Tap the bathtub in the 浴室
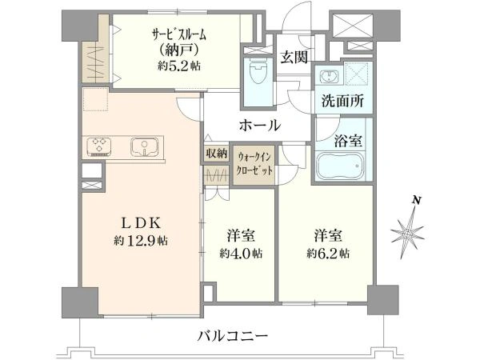coord(340,166)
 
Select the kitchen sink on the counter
coord(145,147)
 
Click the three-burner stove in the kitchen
coord(99,147)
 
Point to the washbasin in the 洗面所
coord(329,76)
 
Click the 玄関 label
coord(294,57)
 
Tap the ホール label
coord(260,125)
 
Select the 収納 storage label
coord(217,153)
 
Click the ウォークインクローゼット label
coord(254,164)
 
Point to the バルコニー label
coord(232,337)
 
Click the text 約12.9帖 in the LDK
coord(141,241)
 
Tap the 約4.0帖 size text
coord(241,254)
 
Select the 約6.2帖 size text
coord(328,254)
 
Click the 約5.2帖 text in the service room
coord(179,66)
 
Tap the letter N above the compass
coord(416,201)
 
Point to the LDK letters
coord(141,223)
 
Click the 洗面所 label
coord(342,101)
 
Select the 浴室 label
coord(348,141)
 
